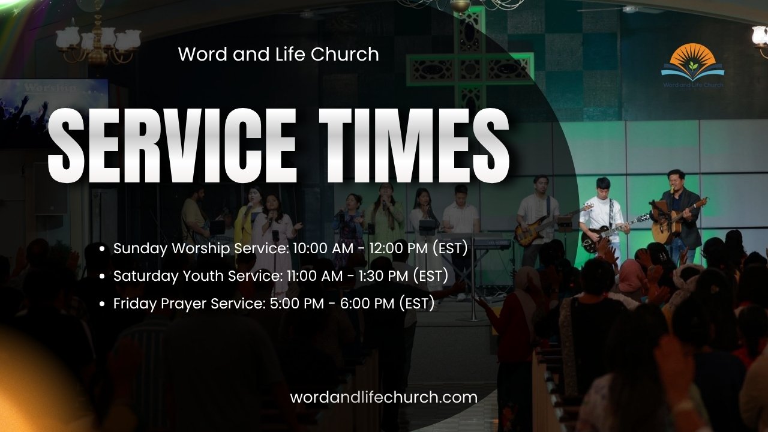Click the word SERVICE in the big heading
tap(172, 145)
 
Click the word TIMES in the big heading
tap(414, 145)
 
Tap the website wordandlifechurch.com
tap(383, 397)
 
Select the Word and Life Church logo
tap(693, 65)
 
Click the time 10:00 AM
tap(323, 248)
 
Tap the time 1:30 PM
tap(383, 275)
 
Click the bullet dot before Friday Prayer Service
tap(101, 304)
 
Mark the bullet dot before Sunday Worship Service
tap(101, 249)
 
